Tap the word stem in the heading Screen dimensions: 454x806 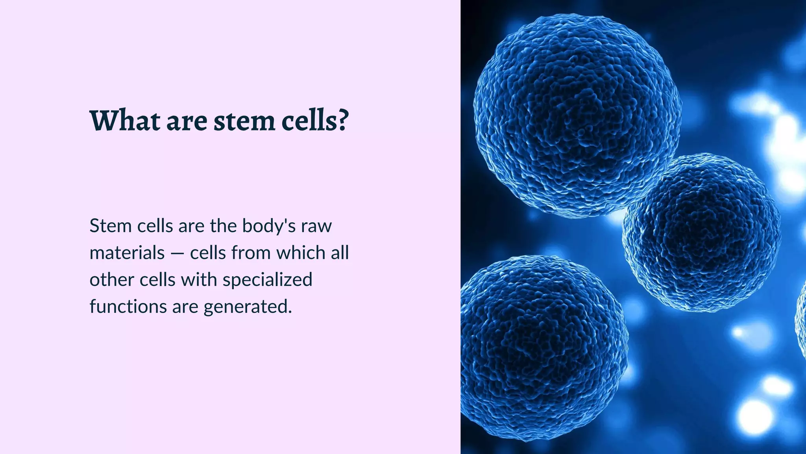click(x=244, y=121)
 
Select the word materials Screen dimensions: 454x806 click(x=127, y=253)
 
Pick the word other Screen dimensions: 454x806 click(x=112, y=280)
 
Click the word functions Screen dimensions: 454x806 click(x=128, y=307)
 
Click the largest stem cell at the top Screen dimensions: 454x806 click(x=577, y=114)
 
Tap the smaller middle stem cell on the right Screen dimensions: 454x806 click(x=701, y=233)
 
